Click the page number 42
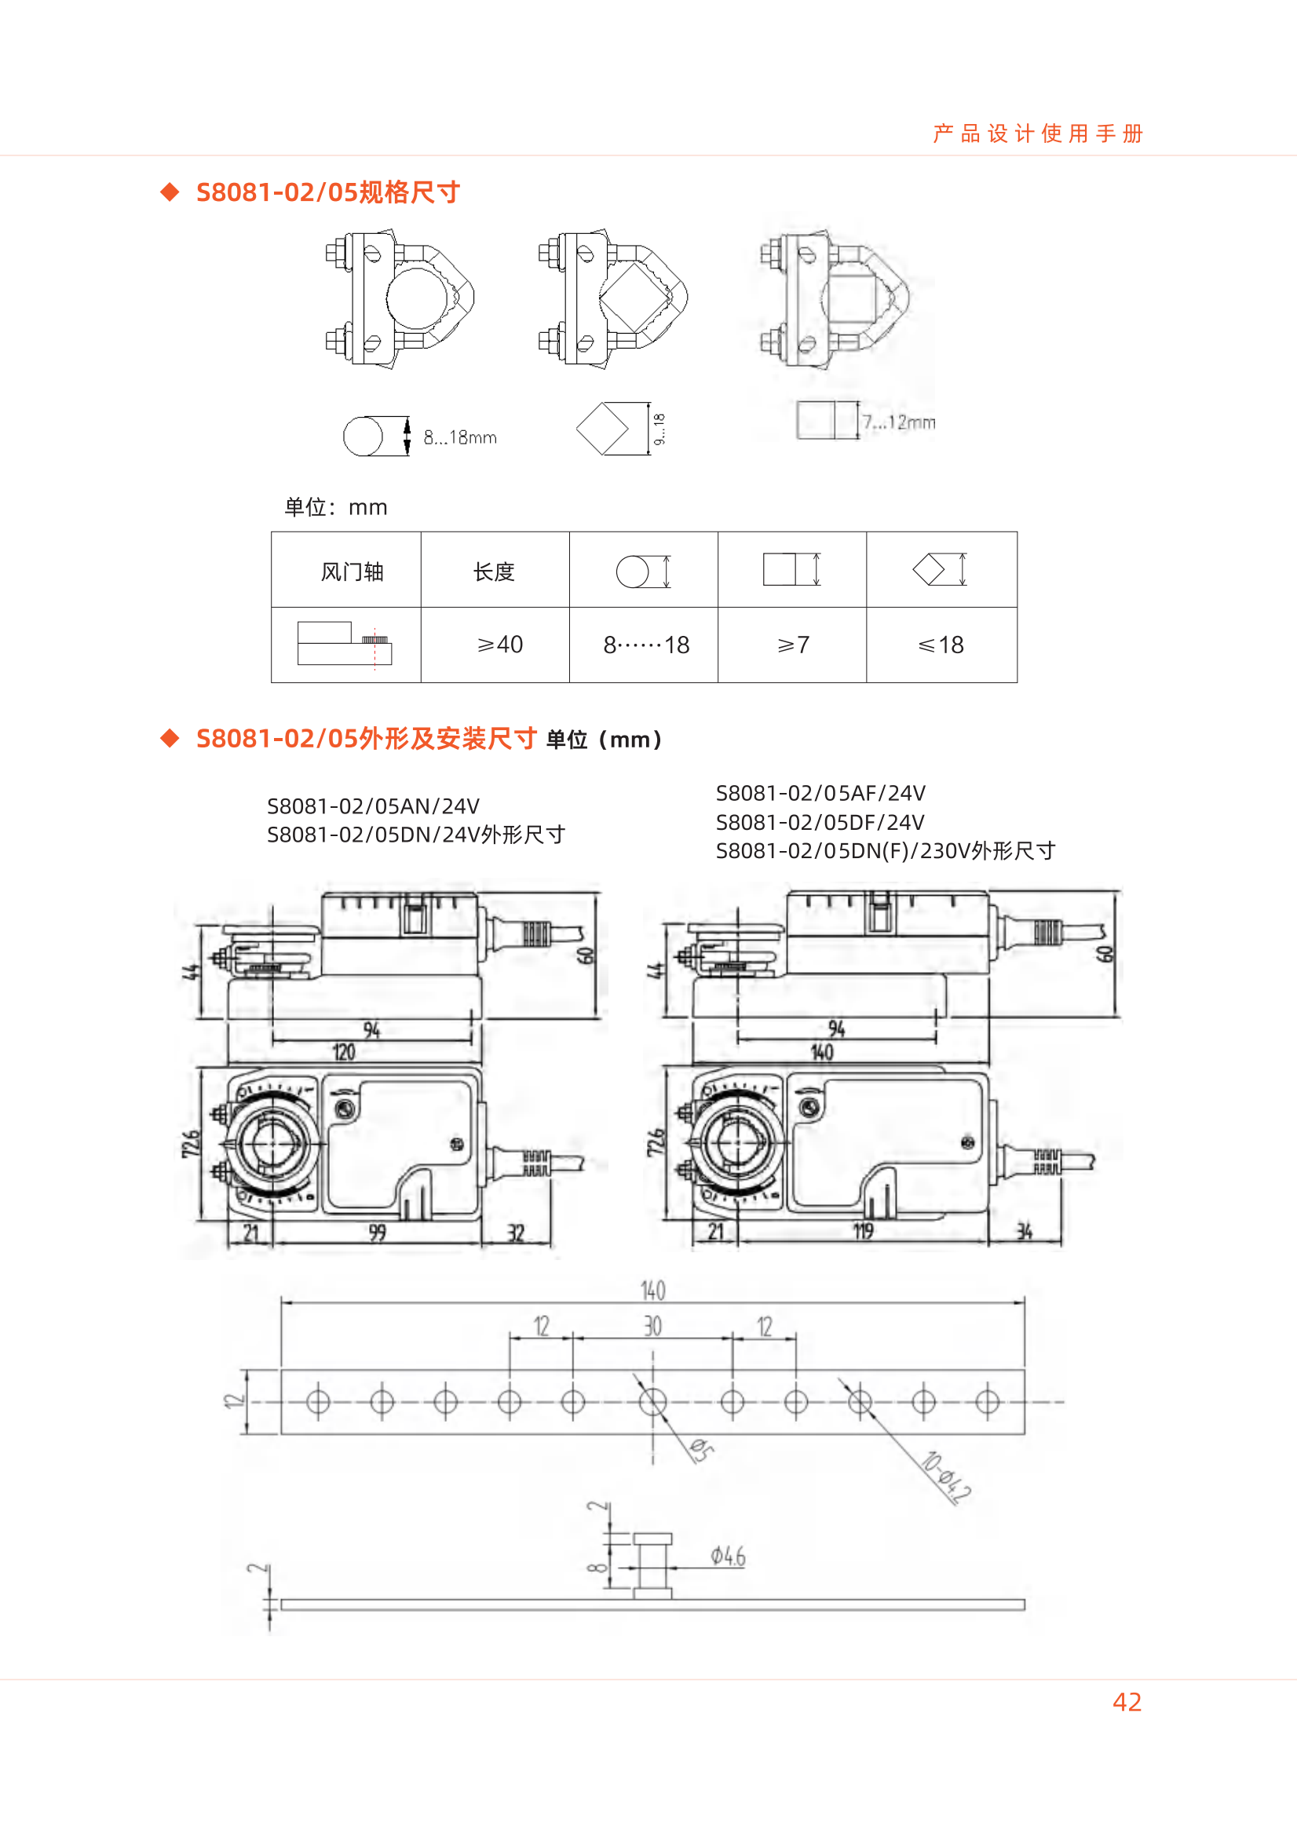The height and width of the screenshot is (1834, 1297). (x=1126, y=1702)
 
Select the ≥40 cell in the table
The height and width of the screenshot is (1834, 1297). (x=499, y=645)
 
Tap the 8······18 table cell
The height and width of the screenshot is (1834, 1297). (x=645, y=645)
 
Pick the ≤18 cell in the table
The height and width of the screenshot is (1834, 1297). (x=941, y=645)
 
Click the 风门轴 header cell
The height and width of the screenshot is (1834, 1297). (x=352, y=572)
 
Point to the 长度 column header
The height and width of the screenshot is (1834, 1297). (x=494, y=572)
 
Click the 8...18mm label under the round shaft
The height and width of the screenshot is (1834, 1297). (x=460, y=438)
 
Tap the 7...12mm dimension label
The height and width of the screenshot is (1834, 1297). (x=898, y=422)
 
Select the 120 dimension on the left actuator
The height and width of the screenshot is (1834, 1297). (x=343, y=1052)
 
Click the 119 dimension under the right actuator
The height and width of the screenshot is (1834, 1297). (x=863, y=1232)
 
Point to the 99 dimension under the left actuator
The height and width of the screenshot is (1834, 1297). (x=377, y=1233)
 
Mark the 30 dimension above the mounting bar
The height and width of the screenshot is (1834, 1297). (x=652, y=1327)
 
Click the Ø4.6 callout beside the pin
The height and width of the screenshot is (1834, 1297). (x=728, y=1556)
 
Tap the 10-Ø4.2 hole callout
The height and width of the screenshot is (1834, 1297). (x=946, y=1478)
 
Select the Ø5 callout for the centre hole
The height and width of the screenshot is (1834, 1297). (x=701, y=1450)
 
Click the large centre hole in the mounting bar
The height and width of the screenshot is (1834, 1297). (x=652, y=1402)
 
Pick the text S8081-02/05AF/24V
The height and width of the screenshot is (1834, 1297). (x=820, y=793)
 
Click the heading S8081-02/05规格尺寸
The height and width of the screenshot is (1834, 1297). (x=327, y=192)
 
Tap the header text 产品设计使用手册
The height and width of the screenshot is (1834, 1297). (x=1037, y=133)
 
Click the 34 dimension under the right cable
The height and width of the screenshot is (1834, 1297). (x=1024, y=1232)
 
